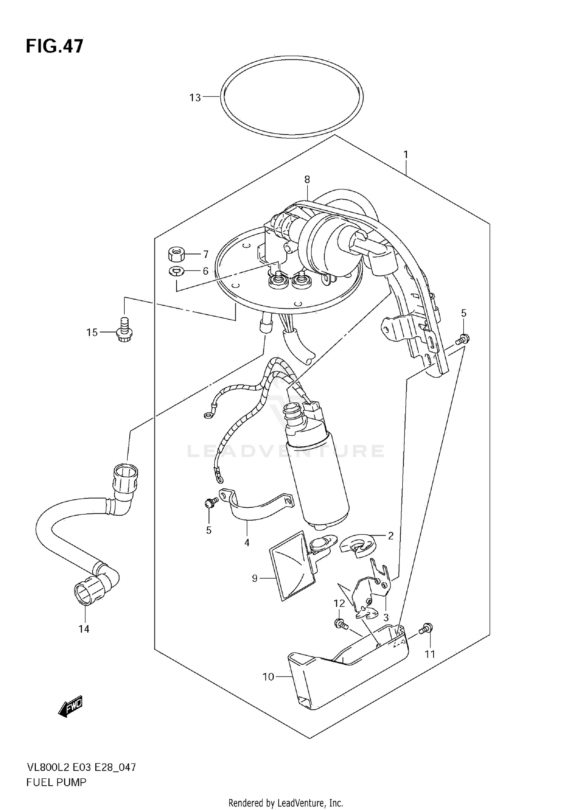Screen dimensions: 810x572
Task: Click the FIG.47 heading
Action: [55, 47]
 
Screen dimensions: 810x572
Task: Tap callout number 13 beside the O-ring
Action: [195, 98]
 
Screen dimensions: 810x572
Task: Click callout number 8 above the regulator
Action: [307, 180]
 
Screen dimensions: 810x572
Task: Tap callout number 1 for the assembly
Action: [406, 155]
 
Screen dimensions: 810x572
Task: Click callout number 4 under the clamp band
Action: [247, 542]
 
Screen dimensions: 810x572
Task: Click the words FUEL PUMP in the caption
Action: [56, 782]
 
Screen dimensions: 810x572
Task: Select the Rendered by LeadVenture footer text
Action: [286, 803]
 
